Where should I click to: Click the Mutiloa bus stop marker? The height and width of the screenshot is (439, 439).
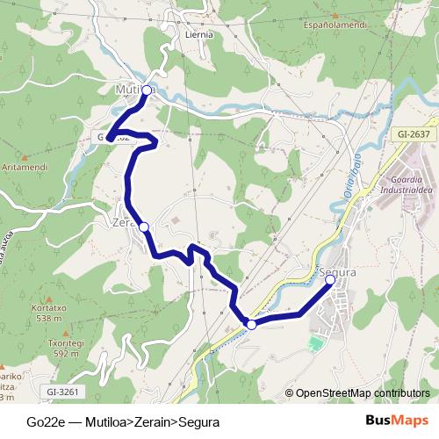click(147, 90)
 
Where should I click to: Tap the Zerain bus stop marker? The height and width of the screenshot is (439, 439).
click(144, 227)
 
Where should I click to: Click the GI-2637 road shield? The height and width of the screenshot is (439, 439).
click(413, 133)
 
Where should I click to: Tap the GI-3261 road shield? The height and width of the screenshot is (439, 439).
click(63, 392)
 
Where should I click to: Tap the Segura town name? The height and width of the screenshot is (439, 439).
click(338, 272)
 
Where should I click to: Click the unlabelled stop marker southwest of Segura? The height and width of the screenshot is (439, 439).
click(251, 325)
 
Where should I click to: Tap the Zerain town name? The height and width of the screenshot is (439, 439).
click(126, 222)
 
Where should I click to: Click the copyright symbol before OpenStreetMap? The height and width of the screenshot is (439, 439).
click(289, 393)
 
